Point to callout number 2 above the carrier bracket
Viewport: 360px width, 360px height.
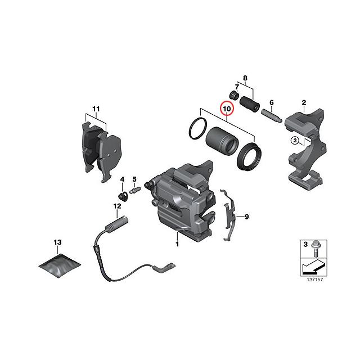point(304,102)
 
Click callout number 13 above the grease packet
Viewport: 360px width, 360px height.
point(57,242)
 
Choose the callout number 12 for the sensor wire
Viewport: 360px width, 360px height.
point(117,206)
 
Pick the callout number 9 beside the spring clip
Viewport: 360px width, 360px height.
point(246,216)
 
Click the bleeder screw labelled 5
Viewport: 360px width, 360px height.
point(135,191)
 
